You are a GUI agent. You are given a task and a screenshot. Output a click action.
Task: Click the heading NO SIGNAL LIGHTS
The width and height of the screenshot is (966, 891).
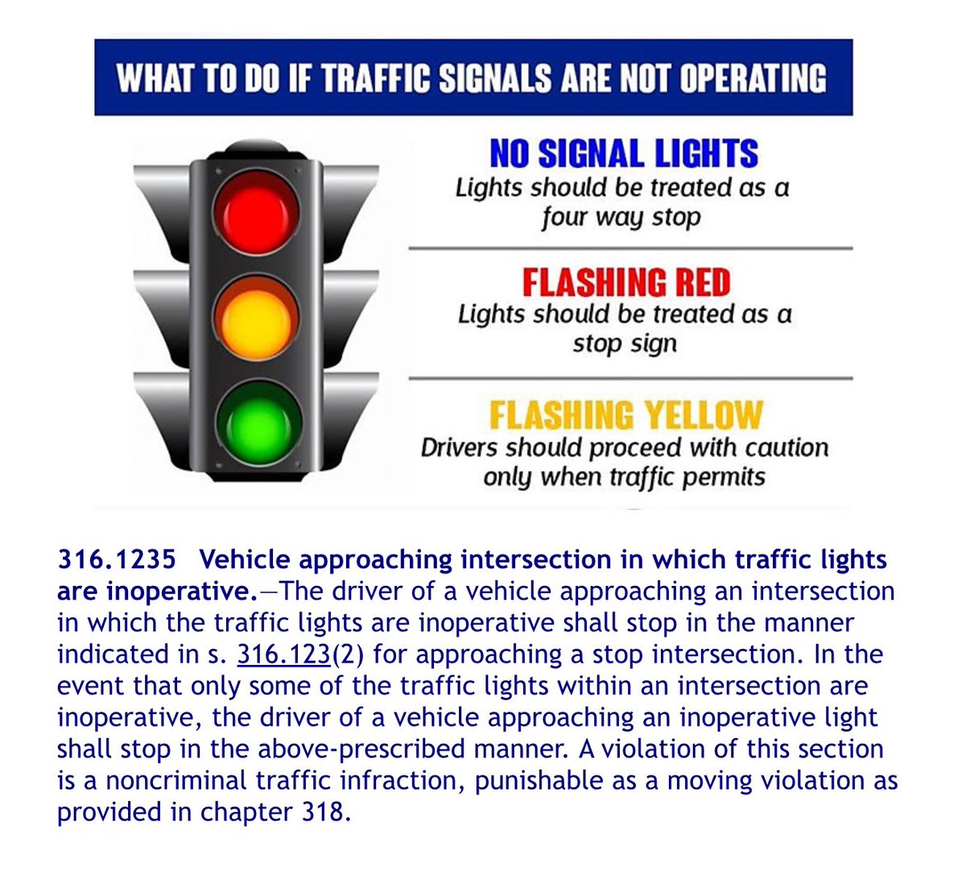tap(624, 154)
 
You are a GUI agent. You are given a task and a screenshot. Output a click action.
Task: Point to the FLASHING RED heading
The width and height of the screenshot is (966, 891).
tap(625, 283)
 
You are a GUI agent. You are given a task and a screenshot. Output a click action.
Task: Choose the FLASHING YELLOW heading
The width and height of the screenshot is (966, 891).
tap(625, 415)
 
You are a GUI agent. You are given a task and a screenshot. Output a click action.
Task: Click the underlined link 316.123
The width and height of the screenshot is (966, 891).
tap(284, 654)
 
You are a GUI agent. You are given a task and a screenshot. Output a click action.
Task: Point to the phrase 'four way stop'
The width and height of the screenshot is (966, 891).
tap(621, 217)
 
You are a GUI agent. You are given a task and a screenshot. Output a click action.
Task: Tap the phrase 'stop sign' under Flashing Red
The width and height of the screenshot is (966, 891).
tap(625, 344)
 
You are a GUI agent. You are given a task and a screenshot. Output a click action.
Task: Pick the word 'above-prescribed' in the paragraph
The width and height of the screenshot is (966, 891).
tap(363, 749)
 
